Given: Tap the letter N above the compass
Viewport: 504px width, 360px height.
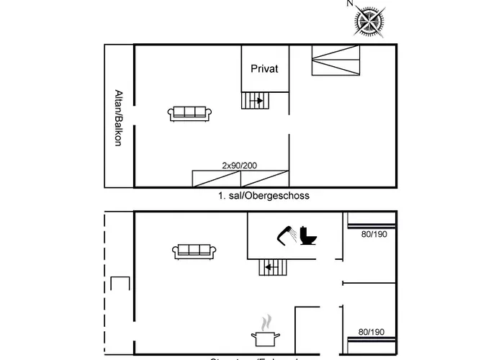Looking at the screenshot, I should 350,4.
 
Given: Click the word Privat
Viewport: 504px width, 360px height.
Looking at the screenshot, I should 264,68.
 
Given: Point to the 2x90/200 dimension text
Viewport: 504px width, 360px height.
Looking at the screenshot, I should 240,165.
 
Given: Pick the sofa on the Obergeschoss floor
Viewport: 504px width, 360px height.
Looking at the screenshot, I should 190,112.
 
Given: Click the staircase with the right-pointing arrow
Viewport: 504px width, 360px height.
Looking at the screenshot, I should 253,101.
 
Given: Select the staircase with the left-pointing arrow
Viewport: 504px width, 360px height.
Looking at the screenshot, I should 272,268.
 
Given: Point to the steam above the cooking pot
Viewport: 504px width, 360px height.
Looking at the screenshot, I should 266,320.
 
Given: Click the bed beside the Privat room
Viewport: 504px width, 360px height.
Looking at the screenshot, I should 335,60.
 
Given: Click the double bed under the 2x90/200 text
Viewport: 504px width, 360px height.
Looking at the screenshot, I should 240,179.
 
